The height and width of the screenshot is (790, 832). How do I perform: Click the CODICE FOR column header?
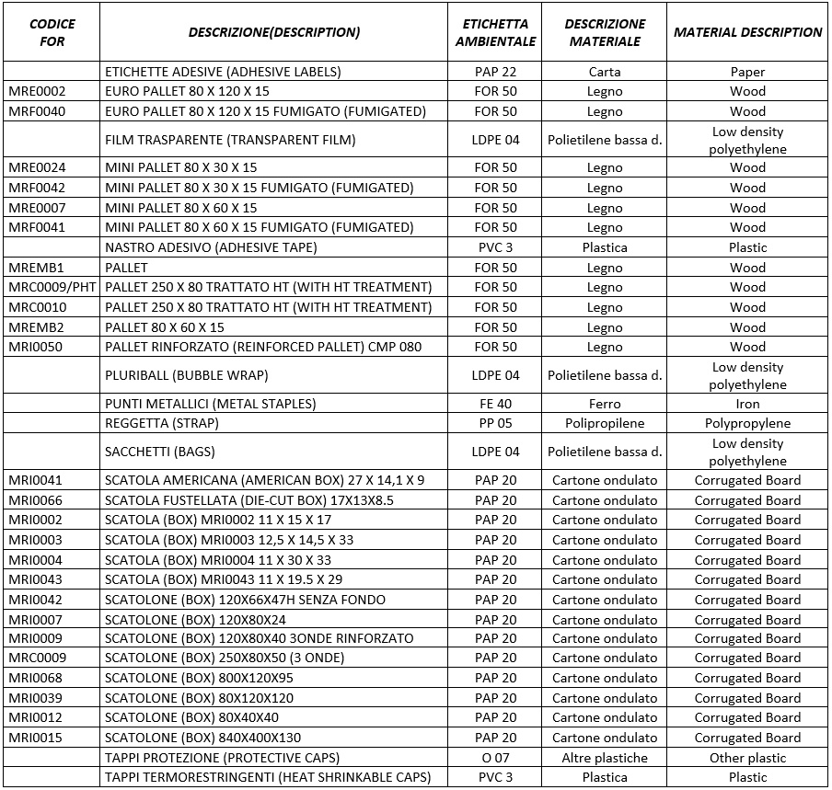[52, 32]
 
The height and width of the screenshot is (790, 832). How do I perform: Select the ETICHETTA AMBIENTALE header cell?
[496, 32]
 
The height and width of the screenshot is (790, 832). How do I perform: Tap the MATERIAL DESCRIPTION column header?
[747, 32]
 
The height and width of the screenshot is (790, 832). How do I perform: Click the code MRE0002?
[37, 91]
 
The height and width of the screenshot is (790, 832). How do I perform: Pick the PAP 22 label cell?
[496, 72]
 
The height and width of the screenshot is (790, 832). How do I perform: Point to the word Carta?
[605, 72]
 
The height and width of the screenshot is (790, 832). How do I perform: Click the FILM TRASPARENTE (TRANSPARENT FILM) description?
[230, 140]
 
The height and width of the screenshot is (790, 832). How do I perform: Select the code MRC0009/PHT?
[52, 287]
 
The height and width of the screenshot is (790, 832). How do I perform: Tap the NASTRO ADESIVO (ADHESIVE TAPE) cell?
[211, 247]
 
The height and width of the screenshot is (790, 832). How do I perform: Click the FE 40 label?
[496, 404]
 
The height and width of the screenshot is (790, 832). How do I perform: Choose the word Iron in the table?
[747, 404]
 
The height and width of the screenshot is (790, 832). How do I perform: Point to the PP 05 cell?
[496, 423]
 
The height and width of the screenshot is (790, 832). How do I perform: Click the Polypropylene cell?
[747, 423]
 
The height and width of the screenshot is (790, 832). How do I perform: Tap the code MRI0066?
[37, 500]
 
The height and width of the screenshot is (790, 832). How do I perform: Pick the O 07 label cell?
[496, 758]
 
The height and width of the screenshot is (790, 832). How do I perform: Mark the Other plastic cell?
[747, 758]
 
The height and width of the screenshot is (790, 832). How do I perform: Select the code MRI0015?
[37, 738]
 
